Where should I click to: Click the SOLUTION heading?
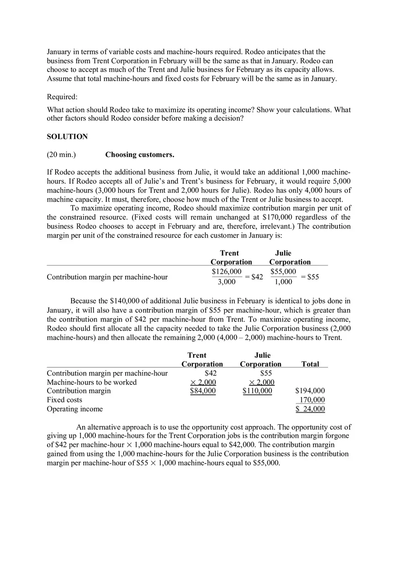(67, 137)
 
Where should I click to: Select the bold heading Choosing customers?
(139, 155)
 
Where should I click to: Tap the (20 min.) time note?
(61, 155)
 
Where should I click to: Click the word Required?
(62, 97)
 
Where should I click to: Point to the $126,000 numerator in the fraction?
(227, 271)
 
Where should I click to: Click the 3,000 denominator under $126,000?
(227, 282)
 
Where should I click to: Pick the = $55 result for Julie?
(310, 277)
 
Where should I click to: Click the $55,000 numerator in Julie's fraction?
(283, 271)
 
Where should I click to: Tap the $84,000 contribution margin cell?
(203, 391)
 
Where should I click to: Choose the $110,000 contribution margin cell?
(257, 391)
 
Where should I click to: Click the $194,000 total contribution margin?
(310, 391)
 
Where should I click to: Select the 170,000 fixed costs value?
(312, 400)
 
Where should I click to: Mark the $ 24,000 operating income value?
(310, 409)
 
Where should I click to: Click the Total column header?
(310, 364)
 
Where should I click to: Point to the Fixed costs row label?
(65, 400)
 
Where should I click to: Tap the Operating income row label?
(75, 409)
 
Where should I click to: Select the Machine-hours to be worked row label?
(92, 382)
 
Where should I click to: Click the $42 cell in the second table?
(211, 373)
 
